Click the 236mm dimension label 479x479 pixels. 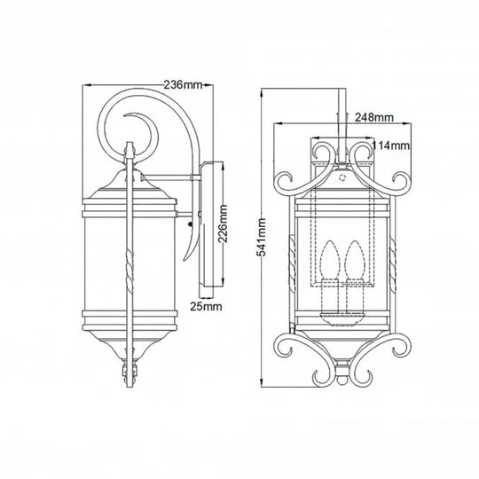pyautogui.click(x=185, y=85)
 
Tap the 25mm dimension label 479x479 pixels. pyautogui.click(x=206, y=306)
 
